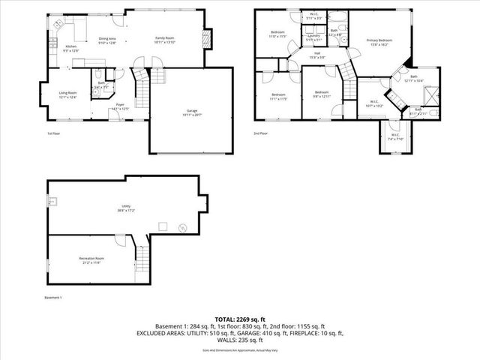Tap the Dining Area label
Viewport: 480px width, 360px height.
(108, 40)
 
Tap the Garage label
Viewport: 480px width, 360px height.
(192, 112)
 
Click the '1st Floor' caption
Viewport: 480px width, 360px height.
(54, 133)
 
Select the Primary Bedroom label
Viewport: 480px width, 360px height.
(379, 42)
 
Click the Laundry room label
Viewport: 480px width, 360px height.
(313, 37)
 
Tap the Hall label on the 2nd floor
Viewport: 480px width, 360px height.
(316, 55)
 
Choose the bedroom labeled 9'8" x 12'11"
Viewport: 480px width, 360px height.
(322, 94)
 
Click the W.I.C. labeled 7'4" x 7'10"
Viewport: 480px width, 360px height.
(394, 137)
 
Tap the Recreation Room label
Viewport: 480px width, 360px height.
(90, 260)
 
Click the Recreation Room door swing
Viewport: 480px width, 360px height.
(119, 242)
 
